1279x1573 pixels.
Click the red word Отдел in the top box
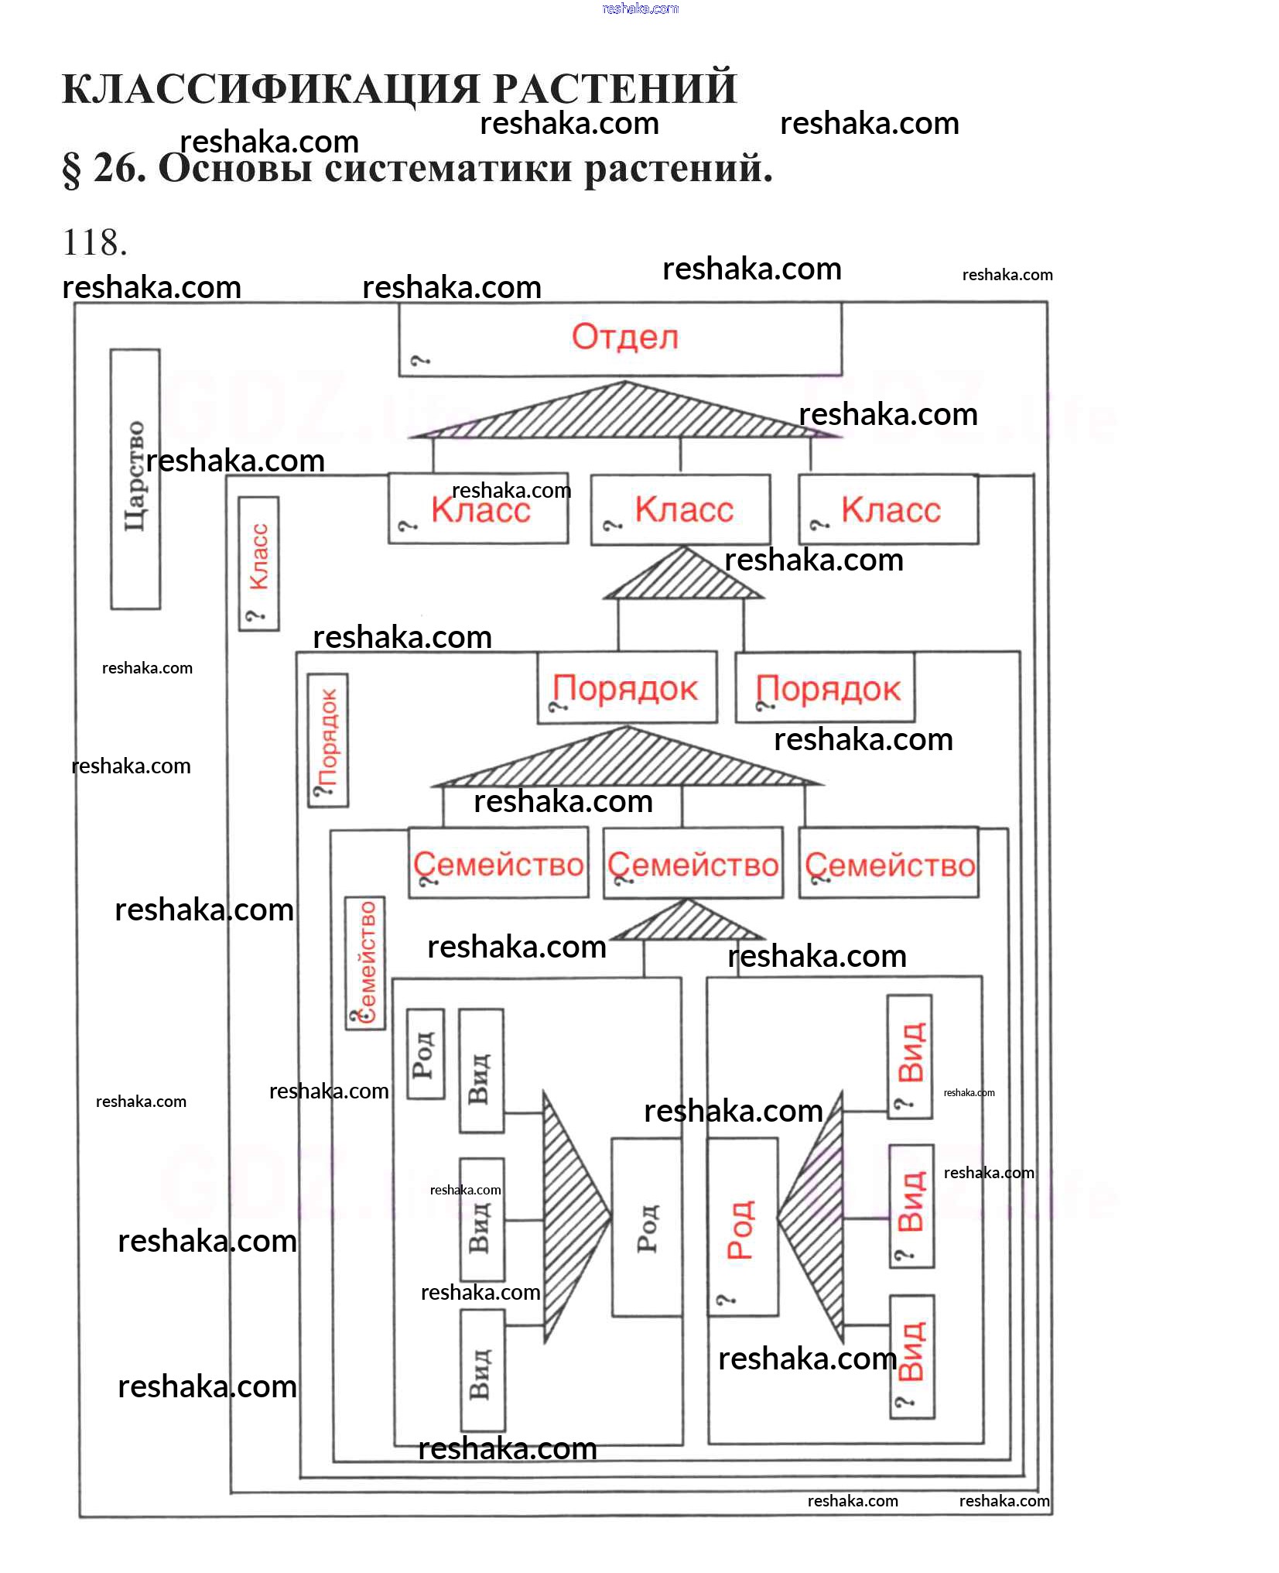pos(625,337)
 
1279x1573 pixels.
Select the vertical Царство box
pos(135,478)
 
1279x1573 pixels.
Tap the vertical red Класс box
pos(258,564)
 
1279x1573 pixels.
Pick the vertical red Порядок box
pos(328,740)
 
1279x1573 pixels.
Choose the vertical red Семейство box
pos(364,963)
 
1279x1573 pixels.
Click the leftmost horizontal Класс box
pos(478,509)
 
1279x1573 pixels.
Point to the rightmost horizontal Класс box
pos(888,509)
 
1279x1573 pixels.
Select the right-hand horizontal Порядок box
pos(825,687)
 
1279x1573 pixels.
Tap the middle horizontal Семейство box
pos(693,863)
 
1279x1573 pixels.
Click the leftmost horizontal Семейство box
pos(498,862)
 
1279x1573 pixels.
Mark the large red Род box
pos(743,1226)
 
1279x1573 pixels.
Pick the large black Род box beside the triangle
pos(647,1227)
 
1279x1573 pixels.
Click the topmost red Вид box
pos(910,1056)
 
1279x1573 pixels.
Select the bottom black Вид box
pos(483,1370)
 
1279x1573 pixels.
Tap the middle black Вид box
pos(482,1219)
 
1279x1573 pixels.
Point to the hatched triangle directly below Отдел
pos(625,410)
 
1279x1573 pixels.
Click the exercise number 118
pos(94,242)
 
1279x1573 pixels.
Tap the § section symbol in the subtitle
pos(71,170)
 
